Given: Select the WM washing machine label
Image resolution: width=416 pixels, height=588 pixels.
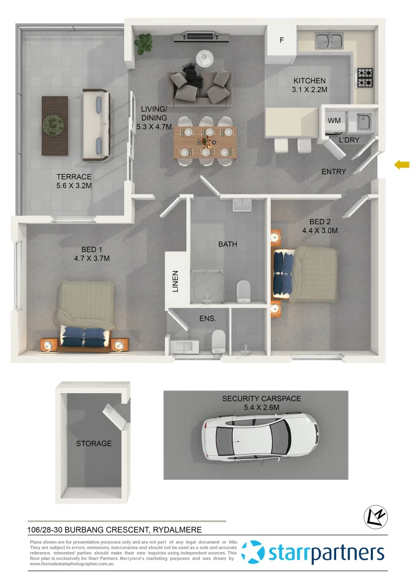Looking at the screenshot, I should coord(334,121).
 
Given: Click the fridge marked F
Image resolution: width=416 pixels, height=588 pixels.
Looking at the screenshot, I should coord(282,40).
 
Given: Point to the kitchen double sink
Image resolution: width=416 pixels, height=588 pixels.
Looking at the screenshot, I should coord(329,40).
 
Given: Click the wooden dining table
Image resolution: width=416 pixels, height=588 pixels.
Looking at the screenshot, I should coord(206,143).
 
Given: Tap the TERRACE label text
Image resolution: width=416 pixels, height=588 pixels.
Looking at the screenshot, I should coord(74,177).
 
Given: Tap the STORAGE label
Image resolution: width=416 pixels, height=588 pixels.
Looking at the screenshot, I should coord(94,444).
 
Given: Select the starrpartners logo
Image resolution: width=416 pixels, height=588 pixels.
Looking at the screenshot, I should coord(313,553).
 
